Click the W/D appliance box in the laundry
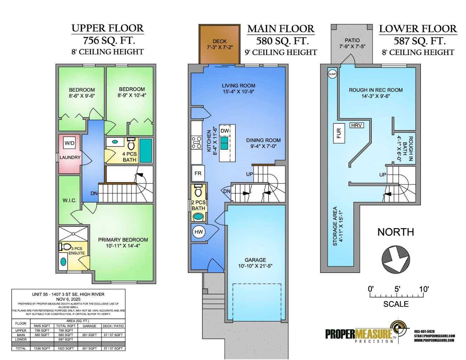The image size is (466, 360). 69,143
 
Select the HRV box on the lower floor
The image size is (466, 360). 357,125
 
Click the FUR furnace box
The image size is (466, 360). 339,133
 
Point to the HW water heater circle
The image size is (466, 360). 199,232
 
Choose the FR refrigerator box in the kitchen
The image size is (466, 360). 198,173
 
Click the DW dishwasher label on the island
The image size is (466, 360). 225,131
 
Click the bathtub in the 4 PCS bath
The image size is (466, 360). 146,149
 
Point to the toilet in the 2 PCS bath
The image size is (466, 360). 198,191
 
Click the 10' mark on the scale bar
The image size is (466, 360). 424,289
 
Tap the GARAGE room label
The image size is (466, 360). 255,260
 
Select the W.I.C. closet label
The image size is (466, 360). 70,200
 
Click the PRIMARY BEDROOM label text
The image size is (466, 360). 123,240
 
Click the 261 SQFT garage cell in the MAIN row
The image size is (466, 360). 89,335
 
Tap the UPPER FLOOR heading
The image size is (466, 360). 107,28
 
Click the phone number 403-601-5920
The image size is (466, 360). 424,331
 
